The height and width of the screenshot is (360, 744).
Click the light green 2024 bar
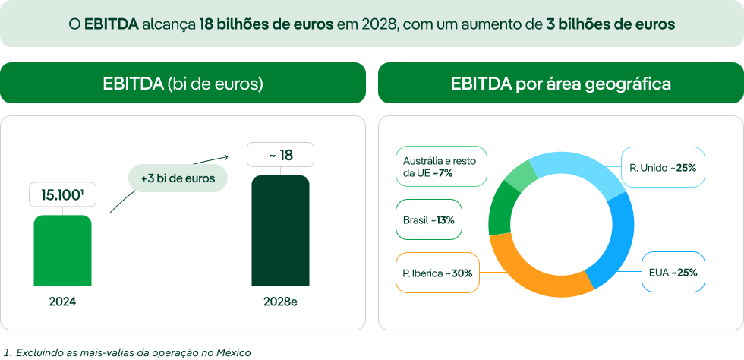click(62, 251)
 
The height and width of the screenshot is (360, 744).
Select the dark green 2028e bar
click(280, 231)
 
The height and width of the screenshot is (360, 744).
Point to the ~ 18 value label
click(280, 156)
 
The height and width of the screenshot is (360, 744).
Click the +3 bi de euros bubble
click(178, 179)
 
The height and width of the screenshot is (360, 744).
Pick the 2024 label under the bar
click(62, 302)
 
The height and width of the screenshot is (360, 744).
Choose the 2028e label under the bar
click(280, 302)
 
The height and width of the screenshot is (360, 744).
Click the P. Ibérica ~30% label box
click(437, 273)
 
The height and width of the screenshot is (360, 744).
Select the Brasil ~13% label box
click(429, 220)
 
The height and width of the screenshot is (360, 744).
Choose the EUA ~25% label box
click(673, 272)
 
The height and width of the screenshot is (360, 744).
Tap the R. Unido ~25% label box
click(662, 167)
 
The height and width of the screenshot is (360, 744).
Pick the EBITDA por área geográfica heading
click(560, 83)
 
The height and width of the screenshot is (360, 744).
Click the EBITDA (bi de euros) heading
click(183, 83)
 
